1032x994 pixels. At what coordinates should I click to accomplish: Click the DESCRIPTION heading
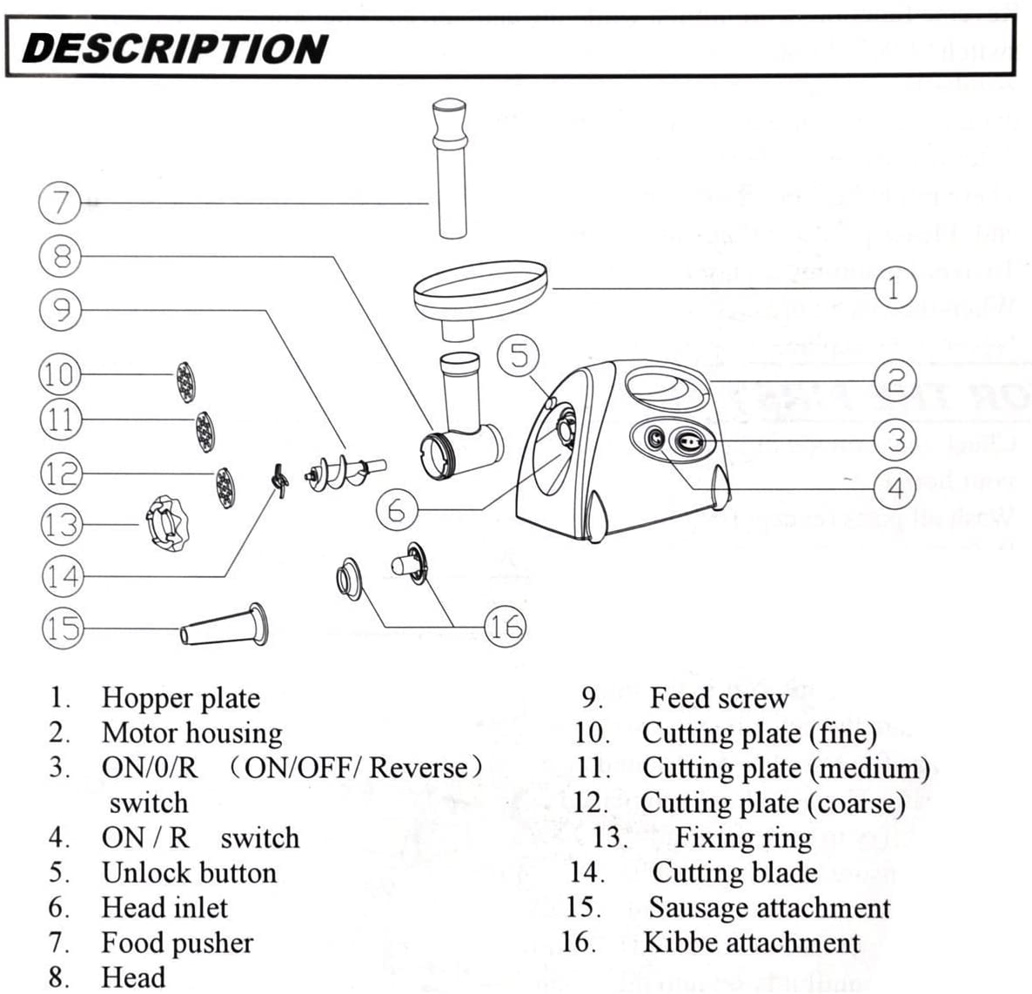click(175, 49)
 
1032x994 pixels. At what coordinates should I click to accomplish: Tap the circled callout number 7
click(60, 203)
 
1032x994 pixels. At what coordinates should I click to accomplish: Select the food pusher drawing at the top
click(453, 169)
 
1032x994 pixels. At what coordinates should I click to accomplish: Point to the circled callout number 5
click(519, 355)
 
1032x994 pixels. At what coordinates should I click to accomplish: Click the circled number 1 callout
click(895, 287)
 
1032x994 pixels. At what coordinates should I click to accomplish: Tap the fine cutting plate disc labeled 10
click(186, 381)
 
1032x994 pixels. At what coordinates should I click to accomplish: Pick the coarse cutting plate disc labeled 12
click(225, 488)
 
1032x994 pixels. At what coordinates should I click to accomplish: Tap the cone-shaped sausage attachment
click(224, 625)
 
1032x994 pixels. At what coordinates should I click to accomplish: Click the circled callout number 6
click(397, 509)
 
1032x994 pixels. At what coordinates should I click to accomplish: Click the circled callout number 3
click(895, 439)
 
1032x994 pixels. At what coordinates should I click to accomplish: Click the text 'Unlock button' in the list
click(189, 872)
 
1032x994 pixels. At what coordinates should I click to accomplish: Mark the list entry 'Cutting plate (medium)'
click(786, 768)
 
